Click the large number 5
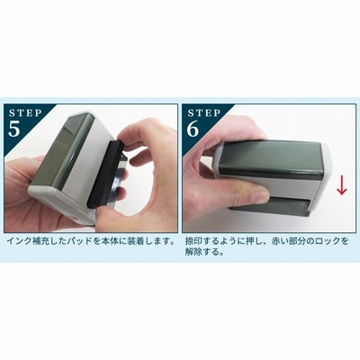tap(14, 129)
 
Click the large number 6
tap(193, 129)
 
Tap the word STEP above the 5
tap(25, 113)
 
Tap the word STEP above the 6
tap(204, 113)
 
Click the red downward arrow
tap(342, 187)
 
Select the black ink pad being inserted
tap(105, 173)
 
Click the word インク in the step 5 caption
tap(19, 241)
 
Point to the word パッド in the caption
tap(81, 241)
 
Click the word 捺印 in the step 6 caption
tap(193, 241)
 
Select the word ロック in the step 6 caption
tap(328, 241)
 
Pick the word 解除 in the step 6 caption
tap(193, 252)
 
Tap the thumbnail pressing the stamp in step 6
tap(258, 196)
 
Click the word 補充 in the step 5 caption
tap(40, 241)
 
